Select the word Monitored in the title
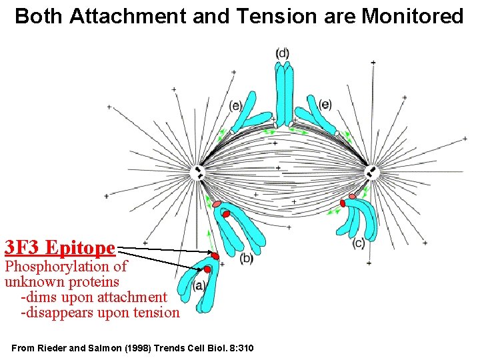click(412, 16)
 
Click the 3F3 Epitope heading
click(60, 248)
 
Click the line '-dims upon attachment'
click(94, 297)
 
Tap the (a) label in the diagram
click(199, 285)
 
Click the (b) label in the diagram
click(246, 258)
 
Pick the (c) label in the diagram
click(359, 243)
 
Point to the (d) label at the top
click(283, 53)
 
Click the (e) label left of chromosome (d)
click(235, 105)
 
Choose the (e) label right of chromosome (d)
click(325, 104)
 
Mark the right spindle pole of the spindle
click(371, 172)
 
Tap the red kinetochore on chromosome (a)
click(207, 269)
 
